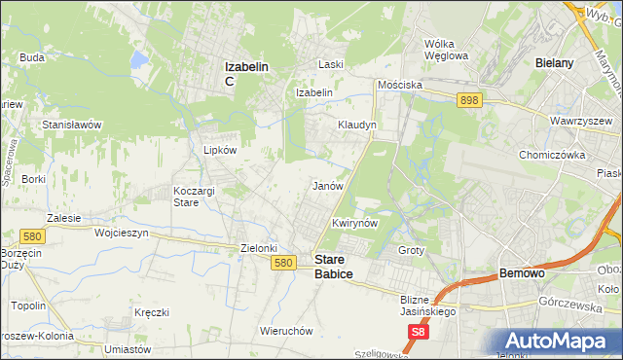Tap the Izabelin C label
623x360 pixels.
tap(246, 73)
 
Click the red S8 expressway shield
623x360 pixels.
tap(417, 332)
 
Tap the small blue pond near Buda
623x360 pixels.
tap(138, 61)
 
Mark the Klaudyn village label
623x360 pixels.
tap(356, 126)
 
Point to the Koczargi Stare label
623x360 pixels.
tap(193, 197)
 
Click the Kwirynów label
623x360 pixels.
tap(353, 223)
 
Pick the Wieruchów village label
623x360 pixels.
tap(286, 331)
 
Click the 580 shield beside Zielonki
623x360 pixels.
tap(283, 263)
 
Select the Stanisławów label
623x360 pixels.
tap(72, 125)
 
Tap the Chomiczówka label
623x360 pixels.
tap(551, 154)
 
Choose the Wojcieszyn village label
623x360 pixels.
tap(121, 234)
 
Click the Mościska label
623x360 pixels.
tap(401, 85)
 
